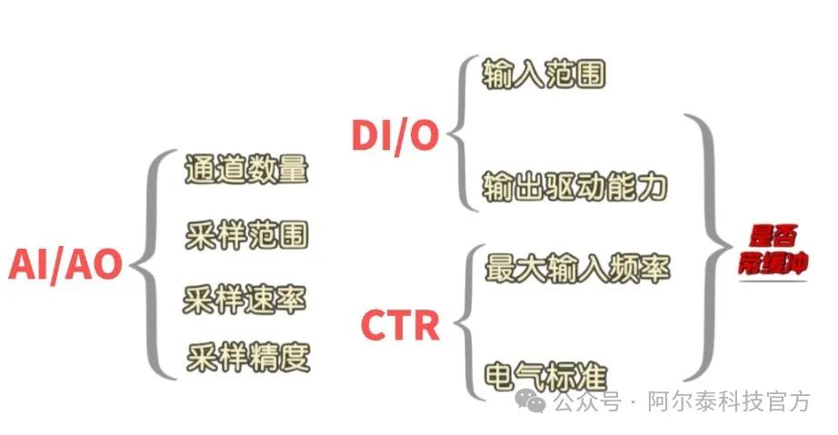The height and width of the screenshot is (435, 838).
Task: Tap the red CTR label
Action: (x=401, y=324)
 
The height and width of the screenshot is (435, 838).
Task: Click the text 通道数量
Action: (x=246, y=170)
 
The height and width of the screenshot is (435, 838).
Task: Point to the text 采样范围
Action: (x=246, y=235)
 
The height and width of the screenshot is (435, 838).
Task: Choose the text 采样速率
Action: (x=244, y=299)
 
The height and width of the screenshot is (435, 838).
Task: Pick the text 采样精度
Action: (x=248, y=358)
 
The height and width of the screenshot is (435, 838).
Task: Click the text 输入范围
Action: (x=544, y=74)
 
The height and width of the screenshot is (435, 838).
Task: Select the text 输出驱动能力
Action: (x=575, y=186)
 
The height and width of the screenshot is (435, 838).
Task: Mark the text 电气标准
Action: (x=544, y=375)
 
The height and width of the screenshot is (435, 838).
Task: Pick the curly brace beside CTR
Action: (x=465, y=322)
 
